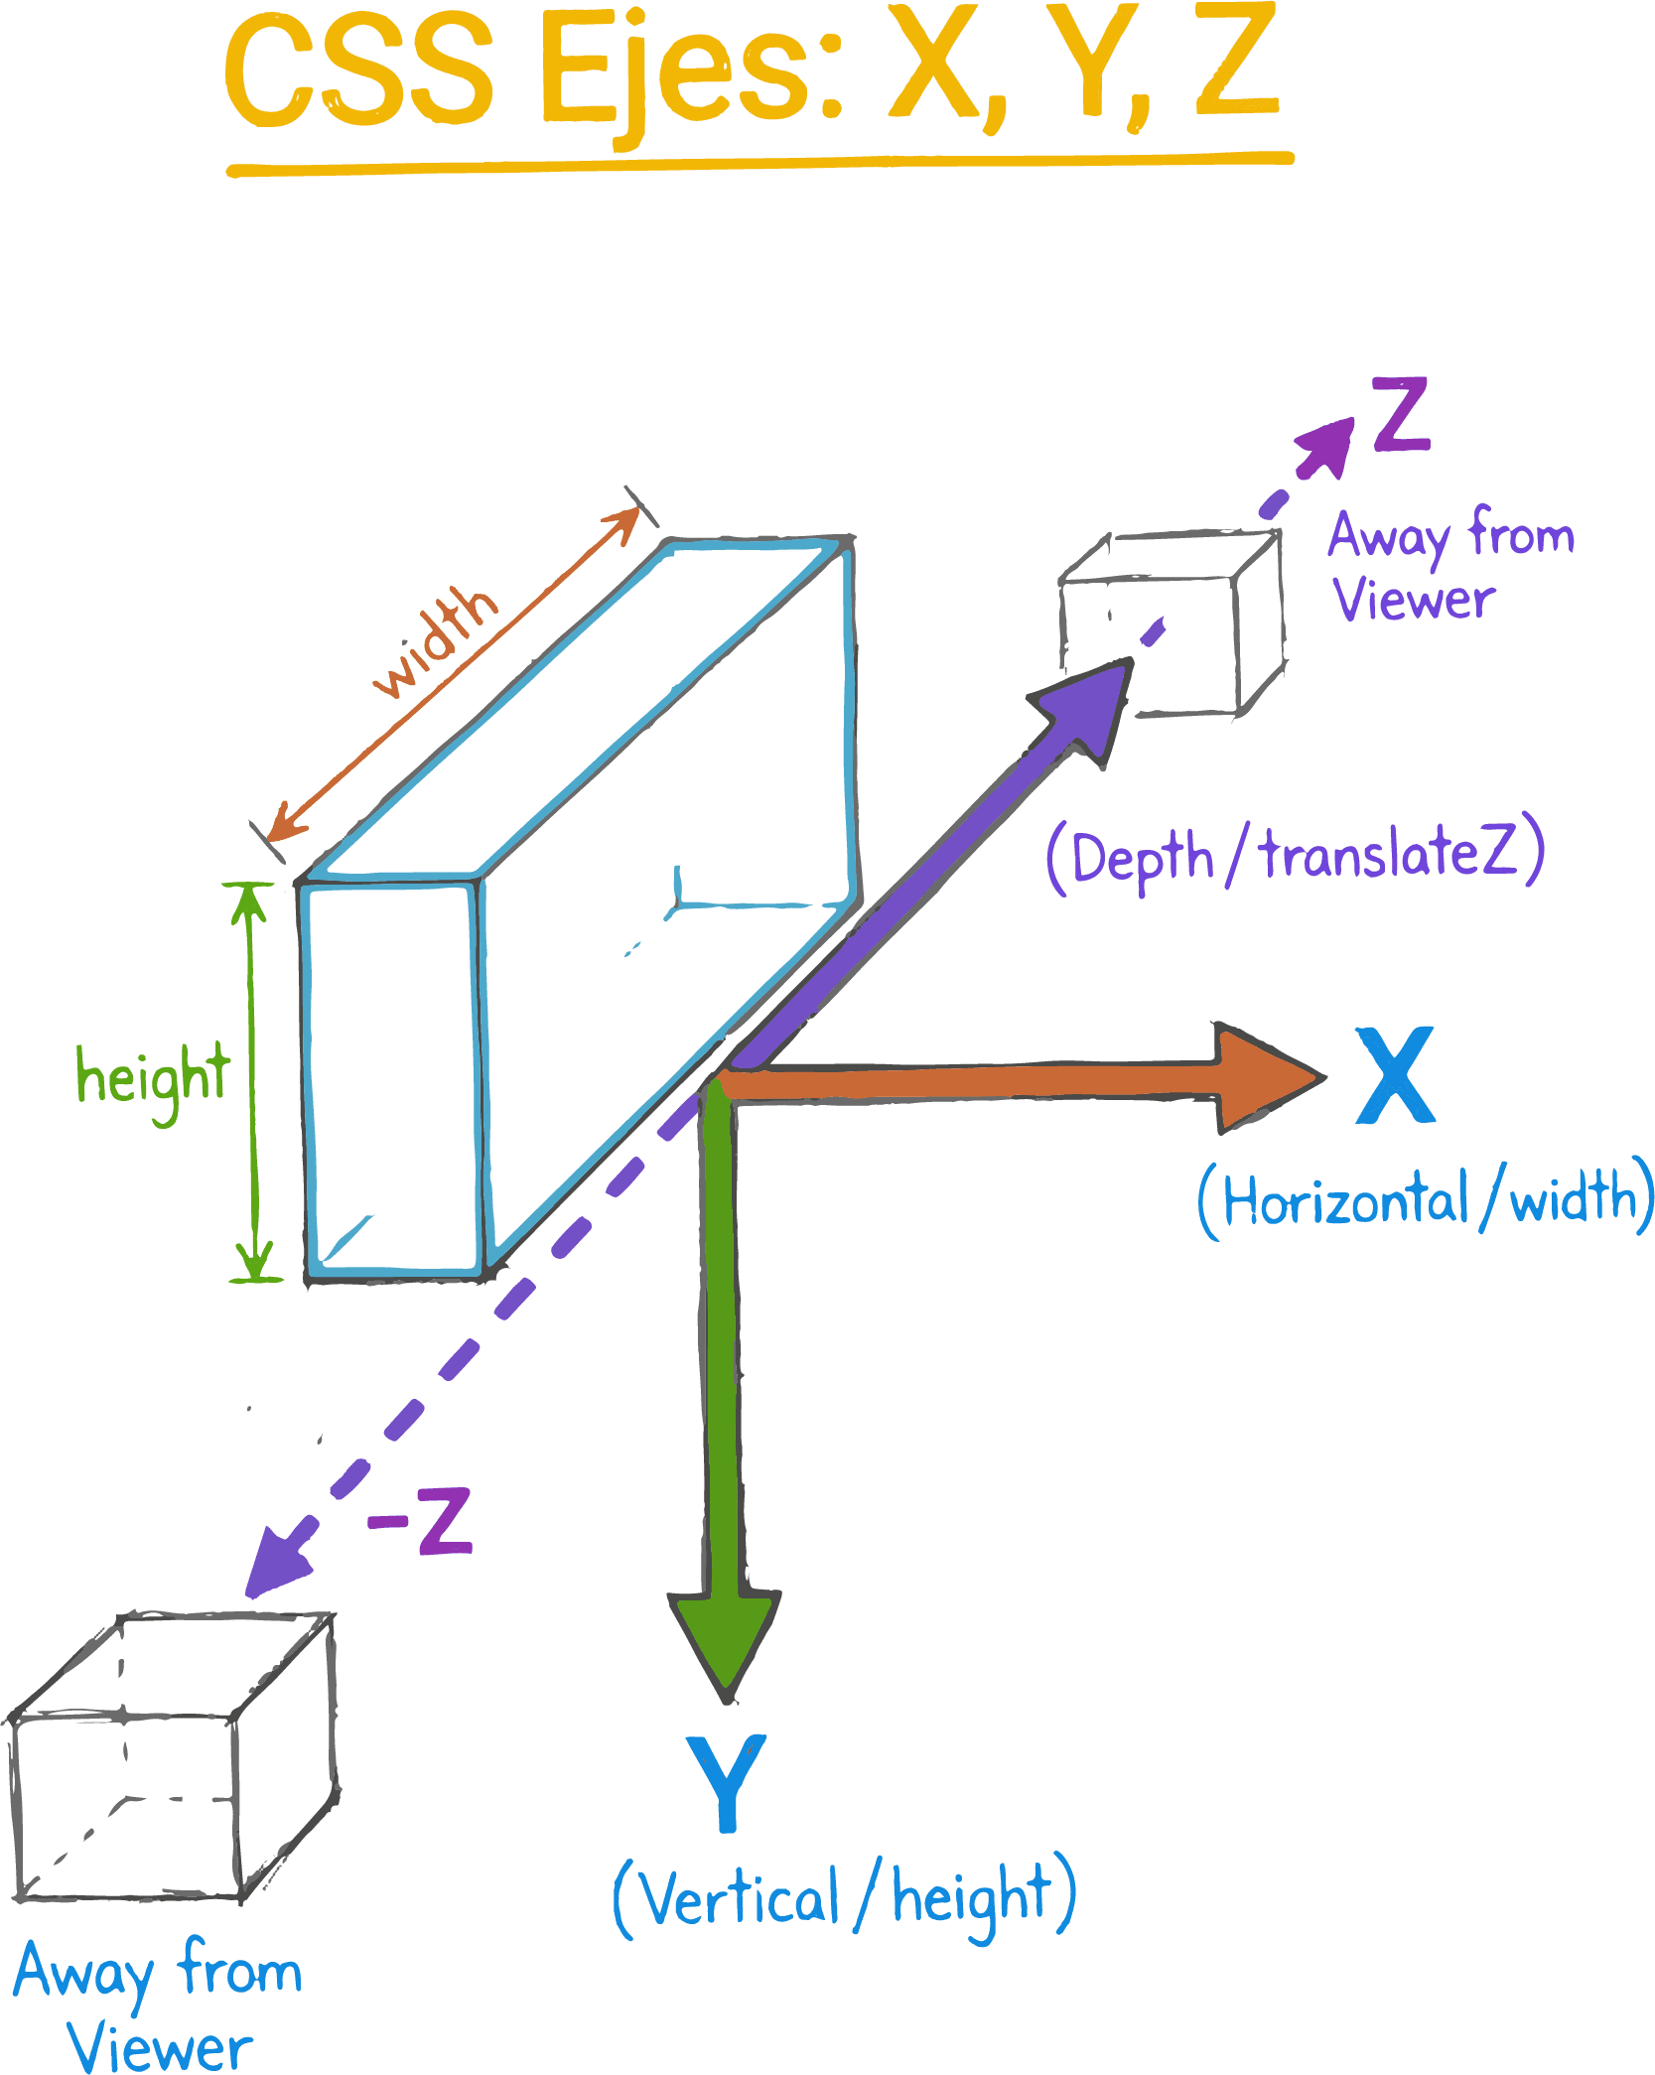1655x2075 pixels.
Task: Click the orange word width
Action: click(x=437, y=640)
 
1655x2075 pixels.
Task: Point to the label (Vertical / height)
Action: click(x=845, y=1897)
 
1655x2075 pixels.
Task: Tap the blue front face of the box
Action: click(x=392, y=1077)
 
